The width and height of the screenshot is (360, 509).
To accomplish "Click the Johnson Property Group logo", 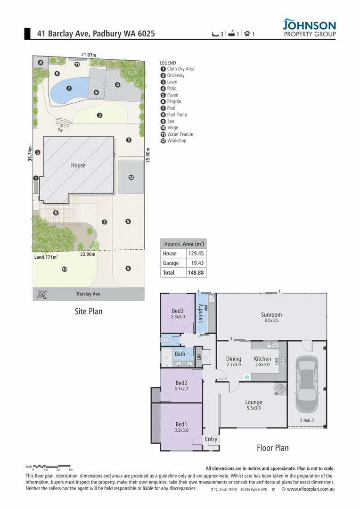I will pyautogui.click(x=310, y=28).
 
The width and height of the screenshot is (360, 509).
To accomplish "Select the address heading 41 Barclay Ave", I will pyautogui.click(x=96, y=34).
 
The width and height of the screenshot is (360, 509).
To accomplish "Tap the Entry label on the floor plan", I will pyautogui.click(x=211, y=439).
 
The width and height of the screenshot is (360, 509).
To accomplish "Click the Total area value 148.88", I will pyautogui.click(x=196, y=272).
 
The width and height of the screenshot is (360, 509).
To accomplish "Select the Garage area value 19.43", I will pyautogui.click(x=196, y=263).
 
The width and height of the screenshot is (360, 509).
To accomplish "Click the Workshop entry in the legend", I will pyautogui.click(x=176, y=140).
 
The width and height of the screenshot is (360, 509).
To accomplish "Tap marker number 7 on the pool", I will pyautogui.click(x=69, y=88).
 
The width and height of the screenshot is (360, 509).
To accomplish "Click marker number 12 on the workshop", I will pyautogui.click(x=131, y=177).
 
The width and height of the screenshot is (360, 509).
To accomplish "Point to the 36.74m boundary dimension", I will pyautogui.click(x=29, y=155).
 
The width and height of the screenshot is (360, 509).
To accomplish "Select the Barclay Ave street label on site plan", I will pyautogui.click(x=89, y=294).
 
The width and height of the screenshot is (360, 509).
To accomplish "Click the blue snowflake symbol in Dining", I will pyautogui.click(x=246, y=377).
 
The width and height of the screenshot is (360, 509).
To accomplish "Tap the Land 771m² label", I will pyautogui.click(x=46, y=257).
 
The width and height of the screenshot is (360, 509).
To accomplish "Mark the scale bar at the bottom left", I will pyautogui.click(x=52, y=467).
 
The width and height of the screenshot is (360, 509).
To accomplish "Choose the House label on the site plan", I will pyautogui.click(x=78, y=165).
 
